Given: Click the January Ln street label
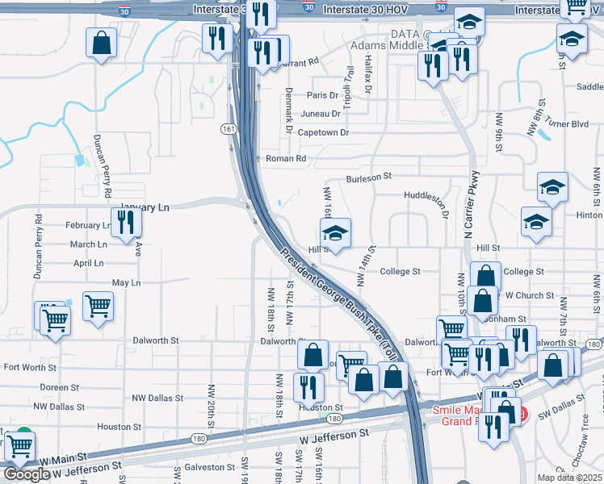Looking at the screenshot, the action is point(145,207).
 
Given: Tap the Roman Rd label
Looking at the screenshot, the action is point(286,159).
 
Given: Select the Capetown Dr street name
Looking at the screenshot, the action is point(323,132).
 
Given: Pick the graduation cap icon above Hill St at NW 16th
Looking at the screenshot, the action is point(335,233).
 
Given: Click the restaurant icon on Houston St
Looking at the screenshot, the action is point(308,387).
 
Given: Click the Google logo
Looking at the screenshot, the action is point(27,475).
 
